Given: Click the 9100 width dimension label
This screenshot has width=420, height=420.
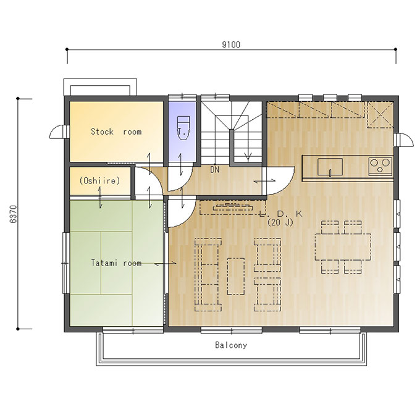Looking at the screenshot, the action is tap(231, 44).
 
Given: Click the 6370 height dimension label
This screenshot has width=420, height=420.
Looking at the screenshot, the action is tap(14, 214).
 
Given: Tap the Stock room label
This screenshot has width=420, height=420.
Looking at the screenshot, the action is tap(116, 132).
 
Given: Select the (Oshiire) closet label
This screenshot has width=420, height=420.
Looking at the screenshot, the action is tap(99, 180).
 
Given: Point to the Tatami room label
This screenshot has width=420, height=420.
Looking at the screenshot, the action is tap(116, 262).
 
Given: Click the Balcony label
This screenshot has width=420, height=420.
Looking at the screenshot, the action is tap(231, 345).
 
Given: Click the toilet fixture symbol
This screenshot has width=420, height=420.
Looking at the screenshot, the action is tap(184, 128).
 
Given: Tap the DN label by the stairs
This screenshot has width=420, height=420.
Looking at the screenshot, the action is tap(214, 170).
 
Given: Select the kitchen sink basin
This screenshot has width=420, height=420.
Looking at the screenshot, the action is tap(330, 167).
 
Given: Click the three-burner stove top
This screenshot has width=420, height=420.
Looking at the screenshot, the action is tap(380, 166).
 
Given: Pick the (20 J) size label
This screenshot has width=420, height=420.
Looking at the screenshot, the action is tap(280, 222).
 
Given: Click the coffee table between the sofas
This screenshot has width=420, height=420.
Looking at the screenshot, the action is tap(236, 276).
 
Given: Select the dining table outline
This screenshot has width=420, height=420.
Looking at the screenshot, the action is tap(343, 246).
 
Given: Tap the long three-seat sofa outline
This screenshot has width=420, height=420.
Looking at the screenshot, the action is tap(208, 275).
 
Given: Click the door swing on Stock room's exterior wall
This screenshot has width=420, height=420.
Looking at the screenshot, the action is tap(57, 132).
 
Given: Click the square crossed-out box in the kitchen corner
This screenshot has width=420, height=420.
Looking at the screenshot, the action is tap(380, 115).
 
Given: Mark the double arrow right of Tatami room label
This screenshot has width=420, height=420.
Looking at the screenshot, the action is tap(166, 263).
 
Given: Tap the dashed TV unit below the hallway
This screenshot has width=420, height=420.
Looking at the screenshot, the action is tap(233, 208).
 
